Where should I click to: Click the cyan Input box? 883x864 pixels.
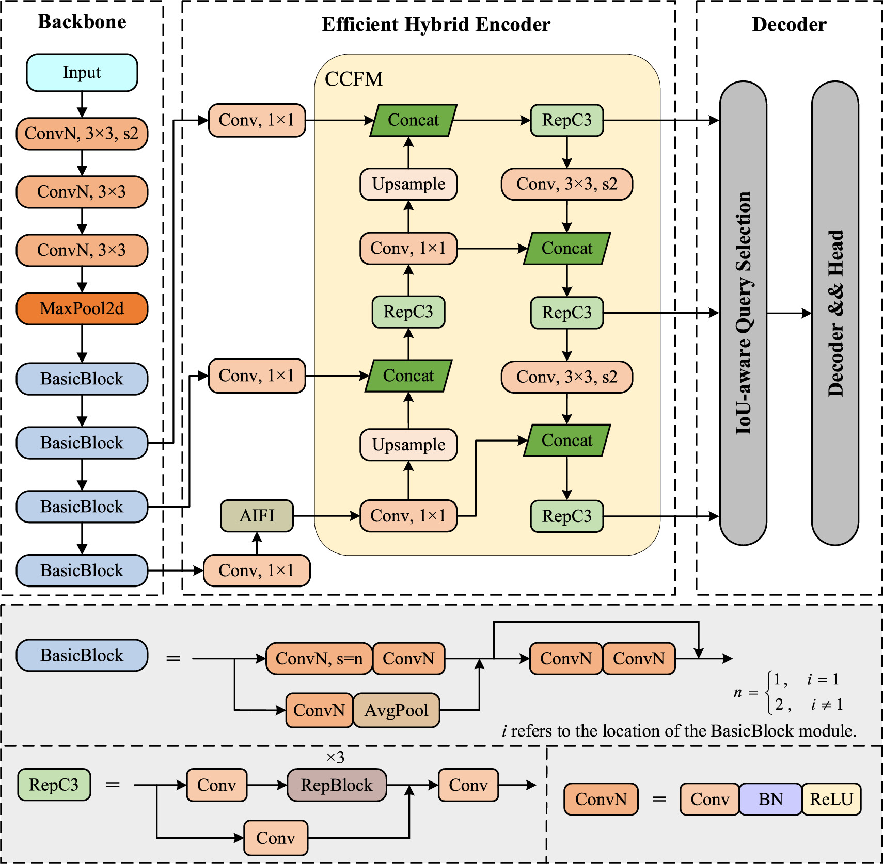(82, 73)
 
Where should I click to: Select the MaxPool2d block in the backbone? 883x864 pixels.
(82, 309)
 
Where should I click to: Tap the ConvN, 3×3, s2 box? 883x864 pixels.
(82, 134)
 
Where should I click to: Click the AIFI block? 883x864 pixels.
(257, 516)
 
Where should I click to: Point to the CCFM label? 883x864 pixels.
(354, 79)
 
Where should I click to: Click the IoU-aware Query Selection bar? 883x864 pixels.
(743, 313)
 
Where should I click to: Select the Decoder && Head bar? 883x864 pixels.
(835, 313)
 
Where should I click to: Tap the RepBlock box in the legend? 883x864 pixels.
(337, 785)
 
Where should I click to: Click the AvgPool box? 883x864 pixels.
(396, 710)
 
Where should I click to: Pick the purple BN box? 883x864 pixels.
(770, 799)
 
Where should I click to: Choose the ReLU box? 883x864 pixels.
(831, 799)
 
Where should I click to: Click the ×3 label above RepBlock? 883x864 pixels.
(335, 757)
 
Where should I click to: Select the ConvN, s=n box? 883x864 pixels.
(319, 659)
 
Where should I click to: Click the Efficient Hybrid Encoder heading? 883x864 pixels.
(436, 24)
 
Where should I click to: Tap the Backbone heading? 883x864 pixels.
(82, 22)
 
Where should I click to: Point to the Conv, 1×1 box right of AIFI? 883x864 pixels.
(408, 516)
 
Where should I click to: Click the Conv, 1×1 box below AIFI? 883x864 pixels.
(257, 570)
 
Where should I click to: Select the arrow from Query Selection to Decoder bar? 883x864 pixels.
(789, 313)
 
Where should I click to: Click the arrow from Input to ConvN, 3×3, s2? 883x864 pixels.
(82, 105)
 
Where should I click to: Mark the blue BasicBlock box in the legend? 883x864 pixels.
(82, 656)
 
